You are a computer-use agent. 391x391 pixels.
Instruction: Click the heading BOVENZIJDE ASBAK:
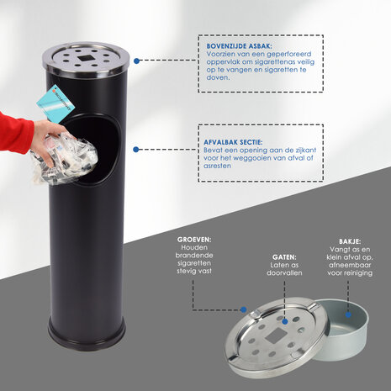pos(239,46)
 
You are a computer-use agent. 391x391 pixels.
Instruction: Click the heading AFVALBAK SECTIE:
pos(233,142)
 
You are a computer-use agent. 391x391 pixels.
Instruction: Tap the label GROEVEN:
pos(194,240)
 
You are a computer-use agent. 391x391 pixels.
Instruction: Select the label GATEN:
pos(284,257)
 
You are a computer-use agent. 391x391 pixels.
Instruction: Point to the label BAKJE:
pos(350,241)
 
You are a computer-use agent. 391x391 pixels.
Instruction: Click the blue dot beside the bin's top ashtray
pos(136,61)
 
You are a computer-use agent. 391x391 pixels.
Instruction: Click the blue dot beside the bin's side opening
pos(136,150)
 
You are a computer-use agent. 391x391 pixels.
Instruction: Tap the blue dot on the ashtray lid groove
pos(244,309)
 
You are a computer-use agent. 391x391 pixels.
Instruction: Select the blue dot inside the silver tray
pos(348,314)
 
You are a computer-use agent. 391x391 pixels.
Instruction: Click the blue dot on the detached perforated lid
pos(285,321)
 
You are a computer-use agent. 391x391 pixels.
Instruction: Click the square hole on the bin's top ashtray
pos(84,58)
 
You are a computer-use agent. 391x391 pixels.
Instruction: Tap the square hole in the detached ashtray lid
pos(276,336)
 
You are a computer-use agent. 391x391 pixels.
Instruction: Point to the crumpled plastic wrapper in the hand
pos(65,158)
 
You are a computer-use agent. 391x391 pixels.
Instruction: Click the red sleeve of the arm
pos(15,132)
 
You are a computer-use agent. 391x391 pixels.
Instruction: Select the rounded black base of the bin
pos(87,334)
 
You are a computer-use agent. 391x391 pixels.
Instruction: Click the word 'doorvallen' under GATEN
pos(284,272)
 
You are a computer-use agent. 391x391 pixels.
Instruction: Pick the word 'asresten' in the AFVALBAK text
pos(217,166)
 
